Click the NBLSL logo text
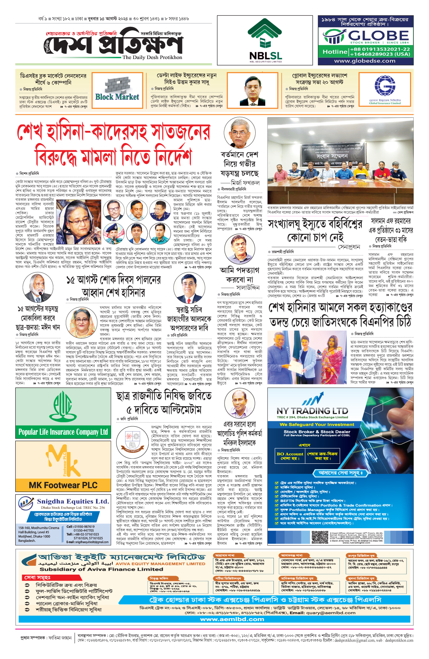[x=265, y=56]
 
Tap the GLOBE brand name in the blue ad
[x=378, y=35]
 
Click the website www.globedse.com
[x=365, y=61]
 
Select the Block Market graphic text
[x=117, y=97]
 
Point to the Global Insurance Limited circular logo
[x=385, y=85]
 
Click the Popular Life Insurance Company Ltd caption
[x=63, y=432]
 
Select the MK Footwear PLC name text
[x=63, y=485]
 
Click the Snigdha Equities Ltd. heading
[x=73, y=501]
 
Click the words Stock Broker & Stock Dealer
[x=317, y=432]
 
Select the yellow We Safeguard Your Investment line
[x=317, y=424]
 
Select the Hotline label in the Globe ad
[x=335, y=52]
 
